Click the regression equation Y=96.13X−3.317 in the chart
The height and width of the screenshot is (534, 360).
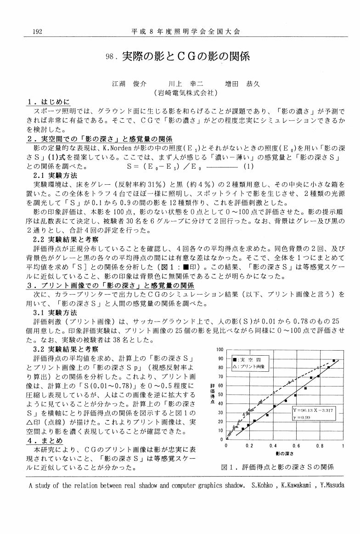coord(315,409)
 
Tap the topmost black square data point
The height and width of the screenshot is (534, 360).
coord(334,361)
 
